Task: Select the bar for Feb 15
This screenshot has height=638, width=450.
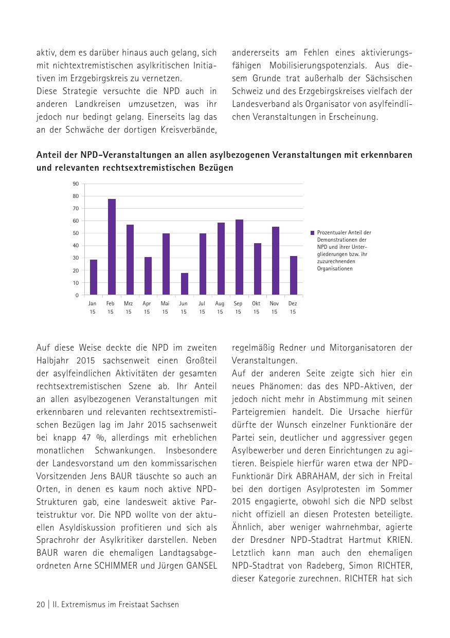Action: coord(112,247)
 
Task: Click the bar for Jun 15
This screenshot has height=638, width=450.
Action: coord(185,284)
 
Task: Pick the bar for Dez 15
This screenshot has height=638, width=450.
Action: coord(294,276)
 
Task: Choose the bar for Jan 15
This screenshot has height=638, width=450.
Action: coord(94,277)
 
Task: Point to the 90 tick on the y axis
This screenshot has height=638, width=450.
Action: coord(76,184)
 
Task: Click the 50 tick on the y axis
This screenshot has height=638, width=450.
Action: coord(76,233)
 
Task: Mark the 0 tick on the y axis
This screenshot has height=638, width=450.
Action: coord(77,295)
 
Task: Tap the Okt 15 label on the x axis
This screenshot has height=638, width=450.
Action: coord(256,307)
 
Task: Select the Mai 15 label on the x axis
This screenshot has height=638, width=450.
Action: coord(165,307)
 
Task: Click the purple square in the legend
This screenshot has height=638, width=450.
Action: coord(312,233)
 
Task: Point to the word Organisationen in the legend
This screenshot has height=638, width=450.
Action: coord(335,269)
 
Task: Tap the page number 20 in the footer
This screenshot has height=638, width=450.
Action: coord(41,605)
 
